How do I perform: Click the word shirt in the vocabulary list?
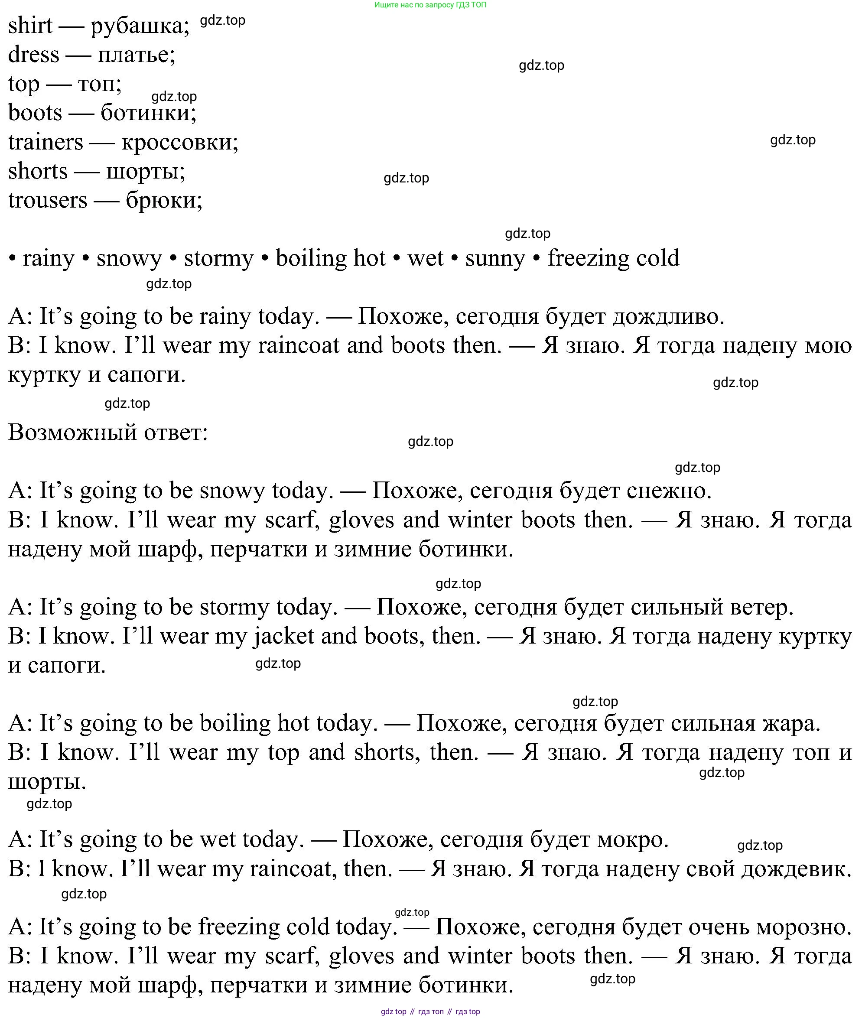tap(30, 26)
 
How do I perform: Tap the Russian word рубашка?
tap(139, 26)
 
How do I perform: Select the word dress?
tap(33, 54)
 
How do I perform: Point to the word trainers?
tap(46, 142)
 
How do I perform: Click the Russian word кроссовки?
tap(179, 142)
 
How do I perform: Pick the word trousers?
tap(47, 200)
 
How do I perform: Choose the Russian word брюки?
tap(163, 200)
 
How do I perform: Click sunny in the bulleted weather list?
tap(494, 258)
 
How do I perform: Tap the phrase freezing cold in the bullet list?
tap(613, 258)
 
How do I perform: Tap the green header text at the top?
tap(430, 5)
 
